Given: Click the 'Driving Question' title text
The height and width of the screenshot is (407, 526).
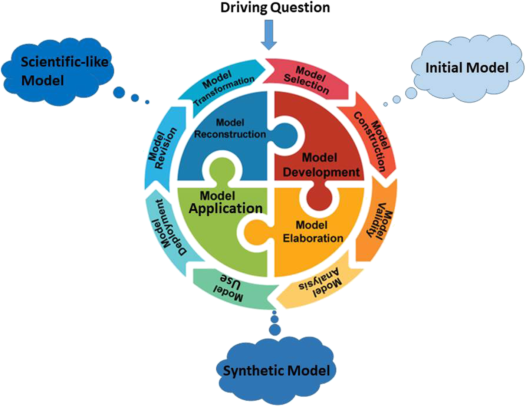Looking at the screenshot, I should click(x=275, y=8).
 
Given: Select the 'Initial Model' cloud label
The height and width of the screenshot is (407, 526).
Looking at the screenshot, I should click(x=467, y=68).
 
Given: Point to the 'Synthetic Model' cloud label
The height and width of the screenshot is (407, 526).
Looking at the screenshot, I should click(x=276, y=370).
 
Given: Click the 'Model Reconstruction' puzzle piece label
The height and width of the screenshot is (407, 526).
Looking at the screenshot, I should click(x=230, y=128).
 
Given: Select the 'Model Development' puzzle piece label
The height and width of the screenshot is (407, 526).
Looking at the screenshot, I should click(x=320, y=165).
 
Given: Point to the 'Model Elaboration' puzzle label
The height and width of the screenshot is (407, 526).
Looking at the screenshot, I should click(x=312, y=232).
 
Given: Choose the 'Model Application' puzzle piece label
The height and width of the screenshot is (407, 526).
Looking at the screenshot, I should click(x=225, y=202).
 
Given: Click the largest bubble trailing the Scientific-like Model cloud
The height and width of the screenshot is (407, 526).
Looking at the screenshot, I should click(x=119, y=92).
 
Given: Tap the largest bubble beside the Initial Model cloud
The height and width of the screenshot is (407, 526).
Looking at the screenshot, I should click(x=411, y=93).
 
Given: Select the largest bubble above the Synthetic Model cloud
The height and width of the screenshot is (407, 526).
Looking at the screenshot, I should click(x=275, y=329).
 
